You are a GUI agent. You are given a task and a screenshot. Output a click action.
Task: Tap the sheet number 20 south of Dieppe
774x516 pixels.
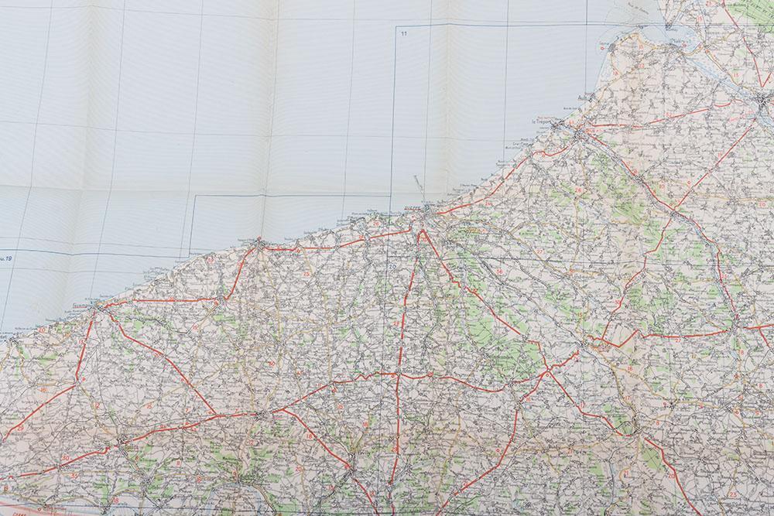392,268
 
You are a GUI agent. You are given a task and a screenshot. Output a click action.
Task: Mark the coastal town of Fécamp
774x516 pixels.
98,308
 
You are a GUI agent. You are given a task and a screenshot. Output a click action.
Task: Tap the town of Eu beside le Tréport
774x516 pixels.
581,135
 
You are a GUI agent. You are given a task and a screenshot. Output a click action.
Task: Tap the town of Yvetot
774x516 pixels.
262,415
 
